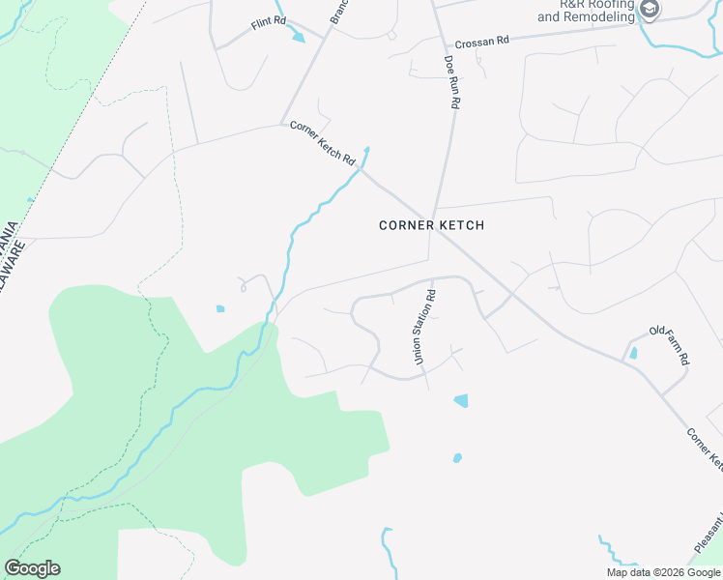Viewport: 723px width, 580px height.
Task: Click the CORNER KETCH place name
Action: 431,225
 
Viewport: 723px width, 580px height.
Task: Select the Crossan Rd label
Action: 482,42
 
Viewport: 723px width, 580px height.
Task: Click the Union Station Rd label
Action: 424,327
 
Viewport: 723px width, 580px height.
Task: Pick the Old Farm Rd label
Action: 669,344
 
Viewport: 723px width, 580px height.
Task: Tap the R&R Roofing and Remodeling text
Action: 586,11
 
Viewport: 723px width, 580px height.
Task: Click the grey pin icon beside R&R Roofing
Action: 651,11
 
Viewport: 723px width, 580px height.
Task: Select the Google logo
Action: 32,568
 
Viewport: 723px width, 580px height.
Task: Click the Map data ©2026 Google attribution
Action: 663,572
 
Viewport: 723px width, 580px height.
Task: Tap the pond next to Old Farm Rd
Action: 633,354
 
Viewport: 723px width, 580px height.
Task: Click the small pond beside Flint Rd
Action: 298,38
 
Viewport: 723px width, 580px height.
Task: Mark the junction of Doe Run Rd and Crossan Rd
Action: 447,45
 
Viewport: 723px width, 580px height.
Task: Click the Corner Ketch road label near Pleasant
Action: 705,450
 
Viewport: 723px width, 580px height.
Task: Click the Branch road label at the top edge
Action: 338,12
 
